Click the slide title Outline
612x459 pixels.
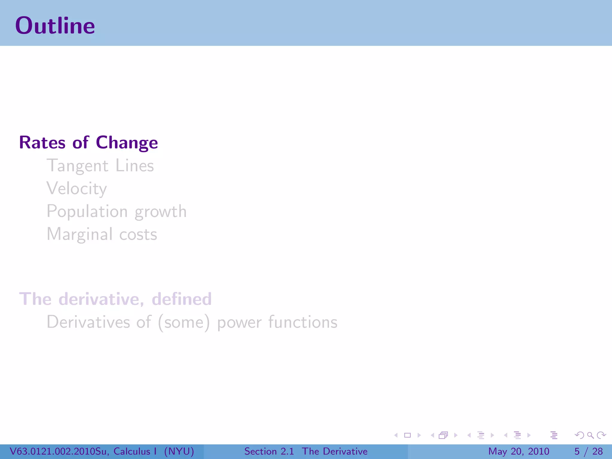55,26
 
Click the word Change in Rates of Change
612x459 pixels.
127,143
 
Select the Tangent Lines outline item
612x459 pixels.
100,166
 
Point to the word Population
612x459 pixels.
87,212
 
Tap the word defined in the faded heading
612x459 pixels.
182,299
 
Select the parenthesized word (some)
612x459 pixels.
184,322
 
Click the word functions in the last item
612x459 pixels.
303,322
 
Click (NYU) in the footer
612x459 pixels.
179,451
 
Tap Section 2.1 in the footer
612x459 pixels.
269,451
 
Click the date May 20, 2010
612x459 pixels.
518,451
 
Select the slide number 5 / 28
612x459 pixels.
588,451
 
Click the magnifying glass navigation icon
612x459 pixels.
590,435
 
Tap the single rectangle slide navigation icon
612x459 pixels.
407,435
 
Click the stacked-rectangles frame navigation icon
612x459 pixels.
443,435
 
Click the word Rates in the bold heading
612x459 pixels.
42,143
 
